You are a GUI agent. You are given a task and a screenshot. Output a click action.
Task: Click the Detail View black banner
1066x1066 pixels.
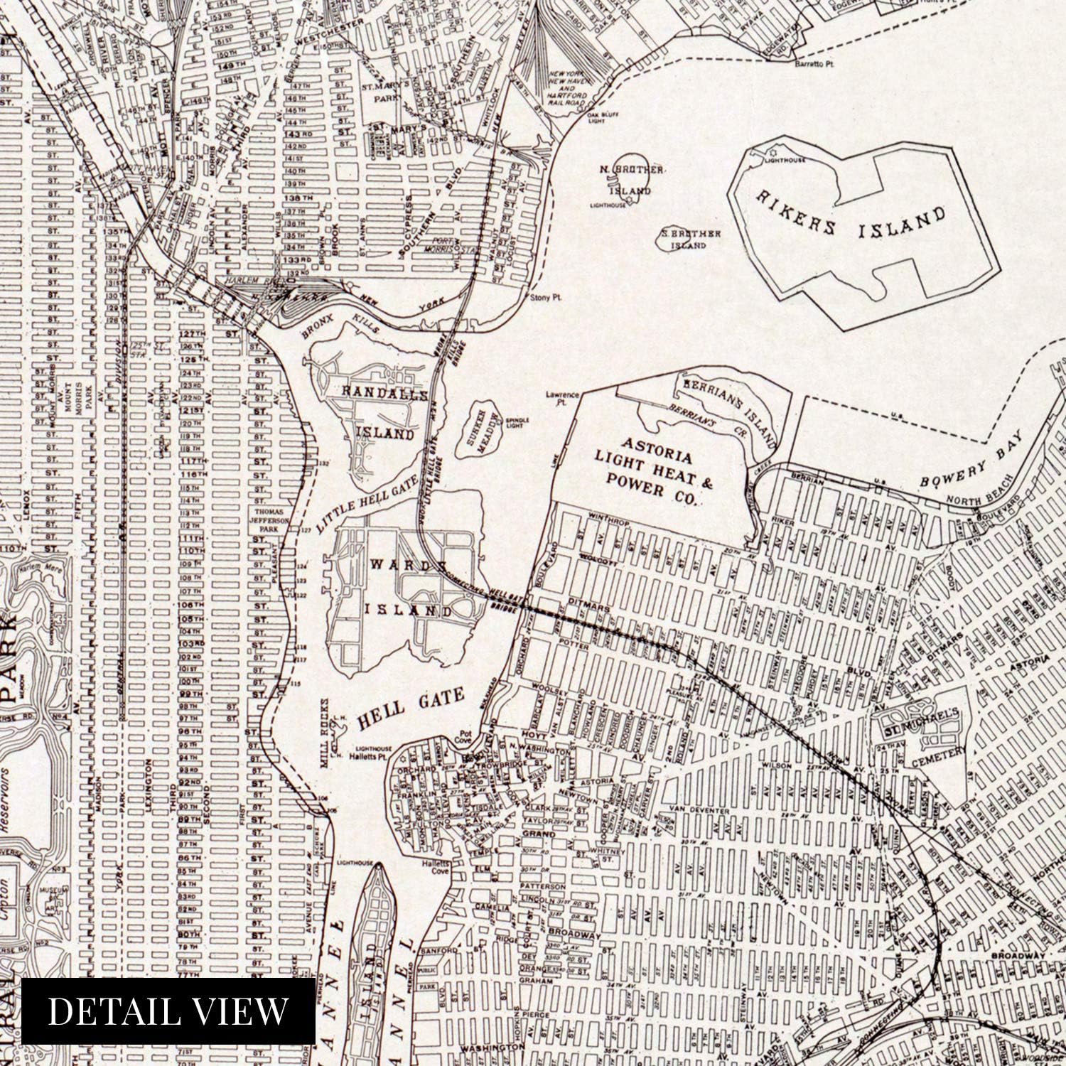(168, 1011)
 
